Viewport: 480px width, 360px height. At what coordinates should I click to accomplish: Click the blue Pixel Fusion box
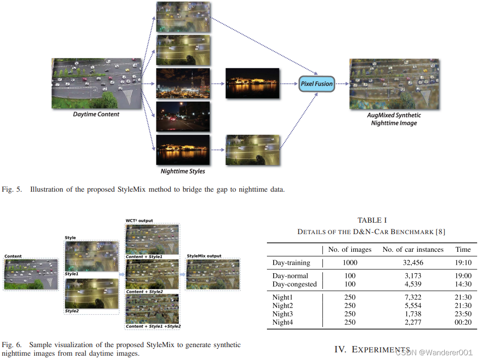(x=317, y=84)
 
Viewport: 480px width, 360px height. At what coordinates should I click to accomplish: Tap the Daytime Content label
(x=96, y=114)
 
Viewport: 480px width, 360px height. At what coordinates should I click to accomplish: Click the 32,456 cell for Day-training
(x=413, y=263)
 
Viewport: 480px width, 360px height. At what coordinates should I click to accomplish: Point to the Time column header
(x=463, y=249)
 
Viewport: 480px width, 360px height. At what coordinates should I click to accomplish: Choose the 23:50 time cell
(x=463, y=314)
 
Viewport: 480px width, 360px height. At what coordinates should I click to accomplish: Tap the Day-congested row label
(x=295, y=284)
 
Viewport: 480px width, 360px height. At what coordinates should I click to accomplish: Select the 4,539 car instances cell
(x=413, y=284)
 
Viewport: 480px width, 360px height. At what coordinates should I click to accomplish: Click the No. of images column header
(x=350, y=249)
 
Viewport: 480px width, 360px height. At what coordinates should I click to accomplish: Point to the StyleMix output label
(x=204, y=256)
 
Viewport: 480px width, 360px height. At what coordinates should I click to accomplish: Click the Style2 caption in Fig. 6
(x=72, y=311)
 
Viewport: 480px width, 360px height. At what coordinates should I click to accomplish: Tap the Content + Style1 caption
(x=144, y=257)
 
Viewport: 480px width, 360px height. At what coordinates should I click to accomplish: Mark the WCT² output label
(x=140, y=220)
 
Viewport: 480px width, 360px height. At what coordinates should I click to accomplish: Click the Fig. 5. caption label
(x=12, y=190)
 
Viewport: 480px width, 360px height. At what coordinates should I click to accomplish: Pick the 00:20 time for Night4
(x=463, y=322)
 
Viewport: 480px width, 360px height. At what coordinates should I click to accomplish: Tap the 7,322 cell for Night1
(x=413, y=297)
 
